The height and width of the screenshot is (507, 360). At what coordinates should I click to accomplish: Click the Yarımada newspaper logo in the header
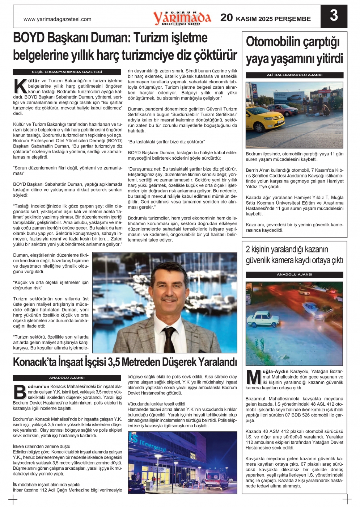tap(182, 17)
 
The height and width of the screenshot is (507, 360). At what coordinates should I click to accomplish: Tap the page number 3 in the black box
tap(334, 16)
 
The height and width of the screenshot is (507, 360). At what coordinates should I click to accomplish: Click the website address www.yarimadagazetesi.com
tap(57, 19)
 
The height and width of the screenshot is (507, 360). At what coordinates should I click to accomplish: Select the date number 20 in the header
tap(226, 17)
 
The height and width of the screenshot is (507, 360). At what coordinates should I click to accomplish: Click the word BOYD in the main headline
tap(29, 38)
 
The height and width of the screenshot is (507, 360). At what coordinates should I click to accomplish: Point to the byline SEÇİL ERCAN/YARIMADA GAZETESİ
tap(67, 72)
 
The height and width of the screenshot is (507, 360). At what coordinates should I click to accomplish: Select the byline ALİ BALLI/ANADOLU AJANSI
tap(295, 75)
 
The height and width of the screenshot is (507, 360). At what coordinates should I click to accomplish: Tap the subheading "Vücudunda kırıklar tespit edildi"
tap(156, 404)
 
